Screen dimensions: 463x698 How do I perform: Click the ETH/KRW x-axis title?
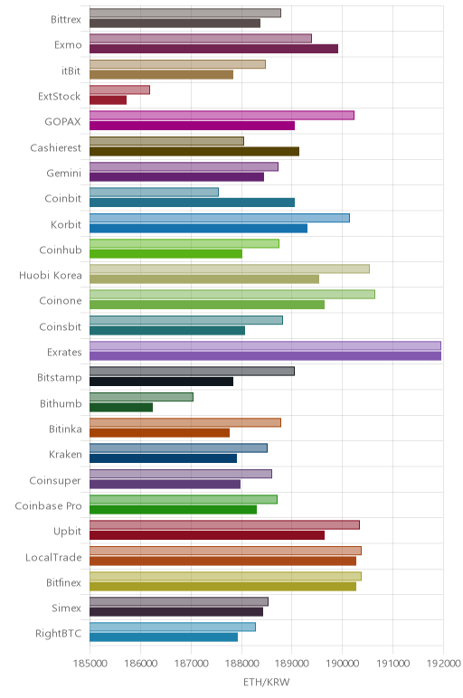pyautogui.click(x=266, y=682)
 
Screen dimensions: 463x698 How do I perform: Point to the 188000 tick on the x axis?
pyautogui.click(x=241, y=664)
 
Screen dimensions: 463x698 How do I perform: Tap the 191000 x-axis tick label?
pyautogui.click(x=393, y=664)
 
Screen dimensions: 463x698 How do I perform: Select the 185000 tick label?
pyautogui.click(x=90, y=664)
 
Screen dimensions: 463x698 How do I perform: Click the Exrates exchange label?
pyautogui.click(x=64, y=352)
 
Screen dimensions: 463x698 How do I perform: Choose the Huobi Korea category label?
pyautogui.click(x=51, y=275)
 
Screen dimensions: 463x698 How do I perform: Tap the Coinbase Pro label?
pyautogui.click(x=49, y=505)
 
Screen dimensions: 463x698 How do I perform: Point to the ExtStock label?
pyautogui.click(x=59, y=96)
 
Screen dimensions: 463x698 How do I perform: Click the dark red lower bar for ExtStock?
pyautogui.click(x=108, y=100)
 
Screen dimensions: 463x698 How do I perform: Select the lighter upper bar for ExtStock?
pyautogui.click(x=119, y=90)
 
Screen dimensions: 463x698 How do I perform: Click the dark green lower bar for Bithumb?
pyautogui.click(x=121, y=407)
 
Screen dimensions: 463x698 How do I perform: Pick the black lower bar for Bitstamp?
pyautogui.click(x=161, y=382)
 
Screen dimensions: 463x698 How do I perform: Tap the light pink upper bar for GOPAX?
pyautogui.click(x=222, y=116)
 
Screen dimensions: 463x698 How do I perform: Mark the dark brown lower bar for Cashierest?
pyautogui.click(x=194, y=151)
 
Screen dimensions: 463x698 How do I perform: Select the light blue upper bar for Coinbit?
pyautogui.click(x=154, y=193)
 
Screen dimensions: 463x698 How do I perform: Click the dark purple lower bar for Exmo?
pyautogui.click(x=213, y=49)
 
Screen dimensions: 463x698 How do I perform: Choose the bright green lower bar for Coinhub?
pyautogui.click(x=165, y=254)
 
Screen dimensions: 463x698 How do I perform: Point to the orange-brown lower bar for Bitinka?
pyautogui.click(x=159, y=433)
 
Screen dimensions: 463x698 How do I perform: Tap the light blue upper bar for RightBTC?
pyautogui.click(x=173, y=627)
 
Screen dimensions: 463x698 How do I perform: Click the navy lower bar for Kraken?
pyautogui.click(x=163, y=458)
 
